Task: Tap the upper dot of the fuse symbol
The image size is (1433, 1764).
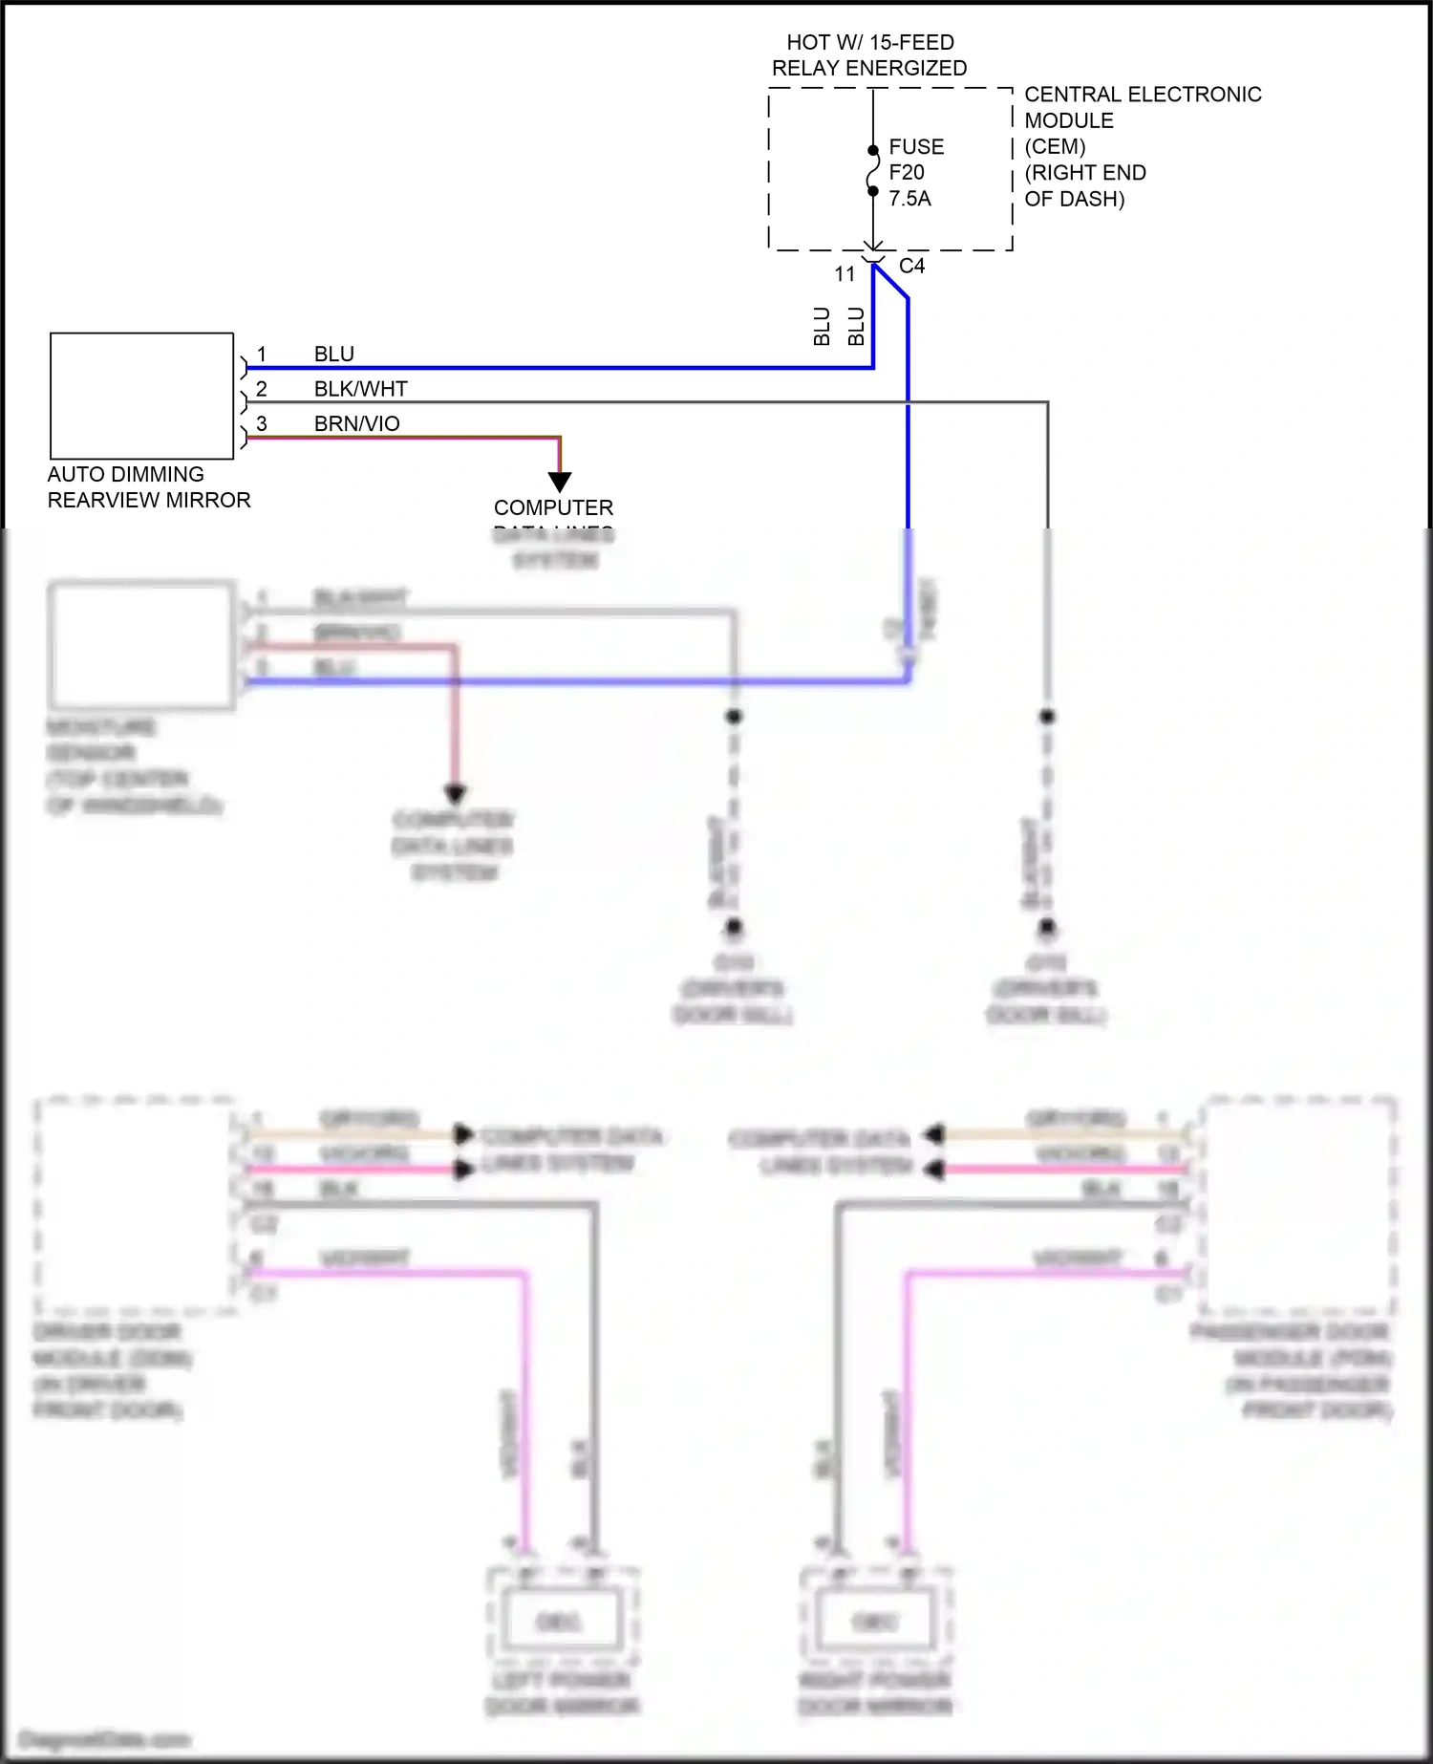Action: click(873, 150)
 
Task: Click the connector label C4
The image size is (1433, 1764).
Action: click(911, 267)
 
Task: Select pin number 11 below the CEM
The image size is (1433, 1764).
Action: click(845, 274)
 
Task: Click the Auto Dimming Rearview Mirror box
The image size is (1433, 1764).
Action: click(141, 396)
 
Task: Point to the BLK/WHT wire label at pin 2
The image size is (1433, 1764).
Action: click(360, 389)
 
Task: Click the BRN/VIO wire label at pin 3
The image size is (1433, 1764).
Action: click(356, 423)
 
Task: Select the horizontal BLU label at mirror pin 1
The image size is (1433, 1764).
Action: click(333, 355)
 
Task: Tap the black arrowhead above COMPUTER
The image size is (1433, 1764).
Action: click(560, 482)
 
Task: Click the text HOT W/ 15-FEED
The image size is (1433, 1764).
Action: click(869, 42)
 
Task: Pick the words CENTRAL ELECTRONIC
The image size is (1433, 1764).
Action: click(1143, 95)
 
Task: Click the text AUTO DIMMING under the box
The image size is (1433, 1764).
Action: click(125, 475)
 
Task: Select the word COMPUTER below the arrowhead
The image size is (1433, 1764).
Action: click(553, 507)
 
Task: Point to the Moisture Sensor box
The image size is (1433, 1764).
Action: click(141, 646)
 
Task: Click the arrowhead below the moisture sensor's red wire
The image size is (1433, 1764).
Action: click(455, 793)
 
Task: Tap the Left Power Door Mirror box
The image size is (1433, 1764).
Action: click(561, 1621)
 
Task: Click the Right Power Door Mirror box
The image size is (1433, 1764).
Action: click(874, 1621)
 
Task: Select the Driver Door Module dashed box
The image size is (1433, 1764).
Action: click(134, 1204)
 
